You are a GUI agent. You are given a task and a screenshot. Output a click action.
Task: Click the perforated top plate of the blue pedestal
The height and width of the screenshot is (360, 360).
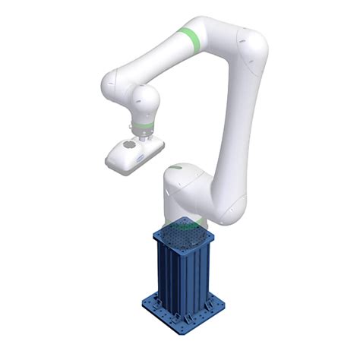coord(182,232)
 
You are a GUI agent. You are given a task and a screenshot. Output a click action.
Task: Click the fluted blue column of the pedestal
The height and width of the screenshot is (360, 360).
coord(182,273)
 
